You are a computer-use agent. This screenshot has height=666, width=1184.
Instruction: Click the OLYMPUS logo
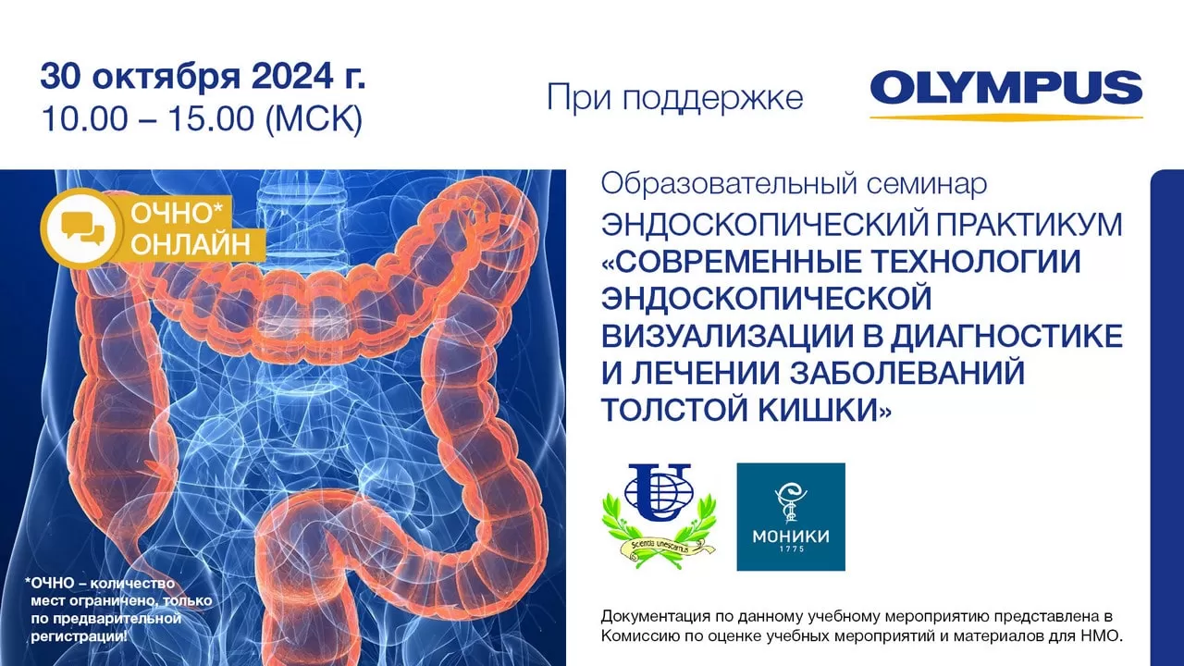pyautogui.click(x=1005, y=94)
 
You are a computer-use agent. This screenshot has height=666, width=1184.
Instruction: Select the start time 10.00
pyautogui.click(x=84, y=118)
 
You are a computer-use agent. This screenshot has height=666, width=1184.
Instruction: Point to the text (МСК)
pyautogui.click(x=314, y=119)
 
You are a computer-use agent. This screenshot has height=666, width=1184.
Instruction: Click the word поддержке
pyautogui.click(x=712, y=99)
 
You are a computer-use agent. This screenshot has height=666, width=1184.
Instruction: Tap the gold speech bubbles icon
pyautogui.click(x=82, y=230)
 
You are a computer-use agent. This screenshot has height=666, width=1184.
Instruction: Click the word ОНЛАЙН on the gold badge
pyautogui.click(x=191, y=245)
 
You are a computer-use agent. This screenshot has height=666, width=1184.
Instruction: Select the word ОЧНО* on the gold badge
pyautogui.click(x=178, y=214)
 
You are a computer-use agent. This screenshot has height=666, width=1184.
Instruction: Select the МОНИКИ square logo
pyautogui.click(x=791, y=517)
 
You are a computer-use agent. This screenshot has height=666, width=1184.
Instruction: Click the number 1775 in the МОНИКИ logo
pyautogui.click(x=791, y=549)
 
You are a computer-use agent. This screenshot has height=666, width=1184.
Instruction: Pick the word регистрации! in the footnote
pyautogui.click(x=80, y=636)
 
